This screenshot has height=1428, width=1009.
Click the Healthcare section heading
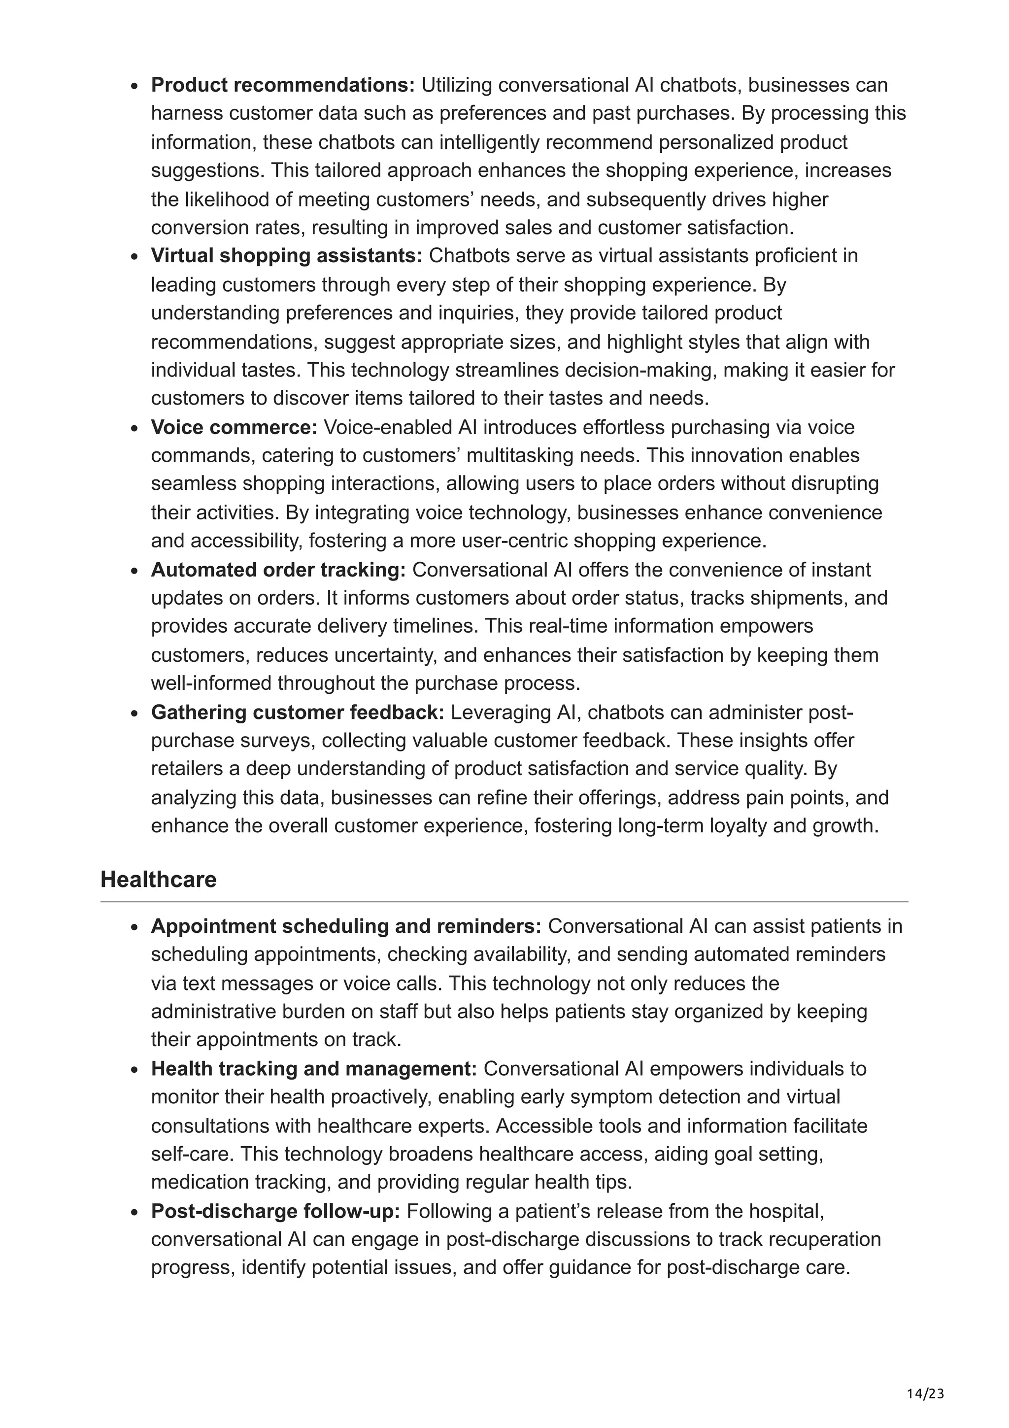[158, 880]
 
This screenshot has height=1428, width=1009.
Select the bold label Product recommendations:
[283, 85]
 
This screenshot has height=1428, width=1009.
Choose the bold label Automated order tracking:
[278, 570]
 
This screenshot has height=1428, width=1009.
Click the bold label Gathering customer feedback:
[298, 712]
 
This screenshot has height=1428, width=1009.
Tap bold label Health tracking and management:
[314, 1068]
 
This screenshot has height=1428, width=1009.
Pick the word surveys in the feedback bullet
[273, 741]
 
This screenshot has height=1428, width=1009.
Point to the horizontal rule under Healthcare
[504, 901]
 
